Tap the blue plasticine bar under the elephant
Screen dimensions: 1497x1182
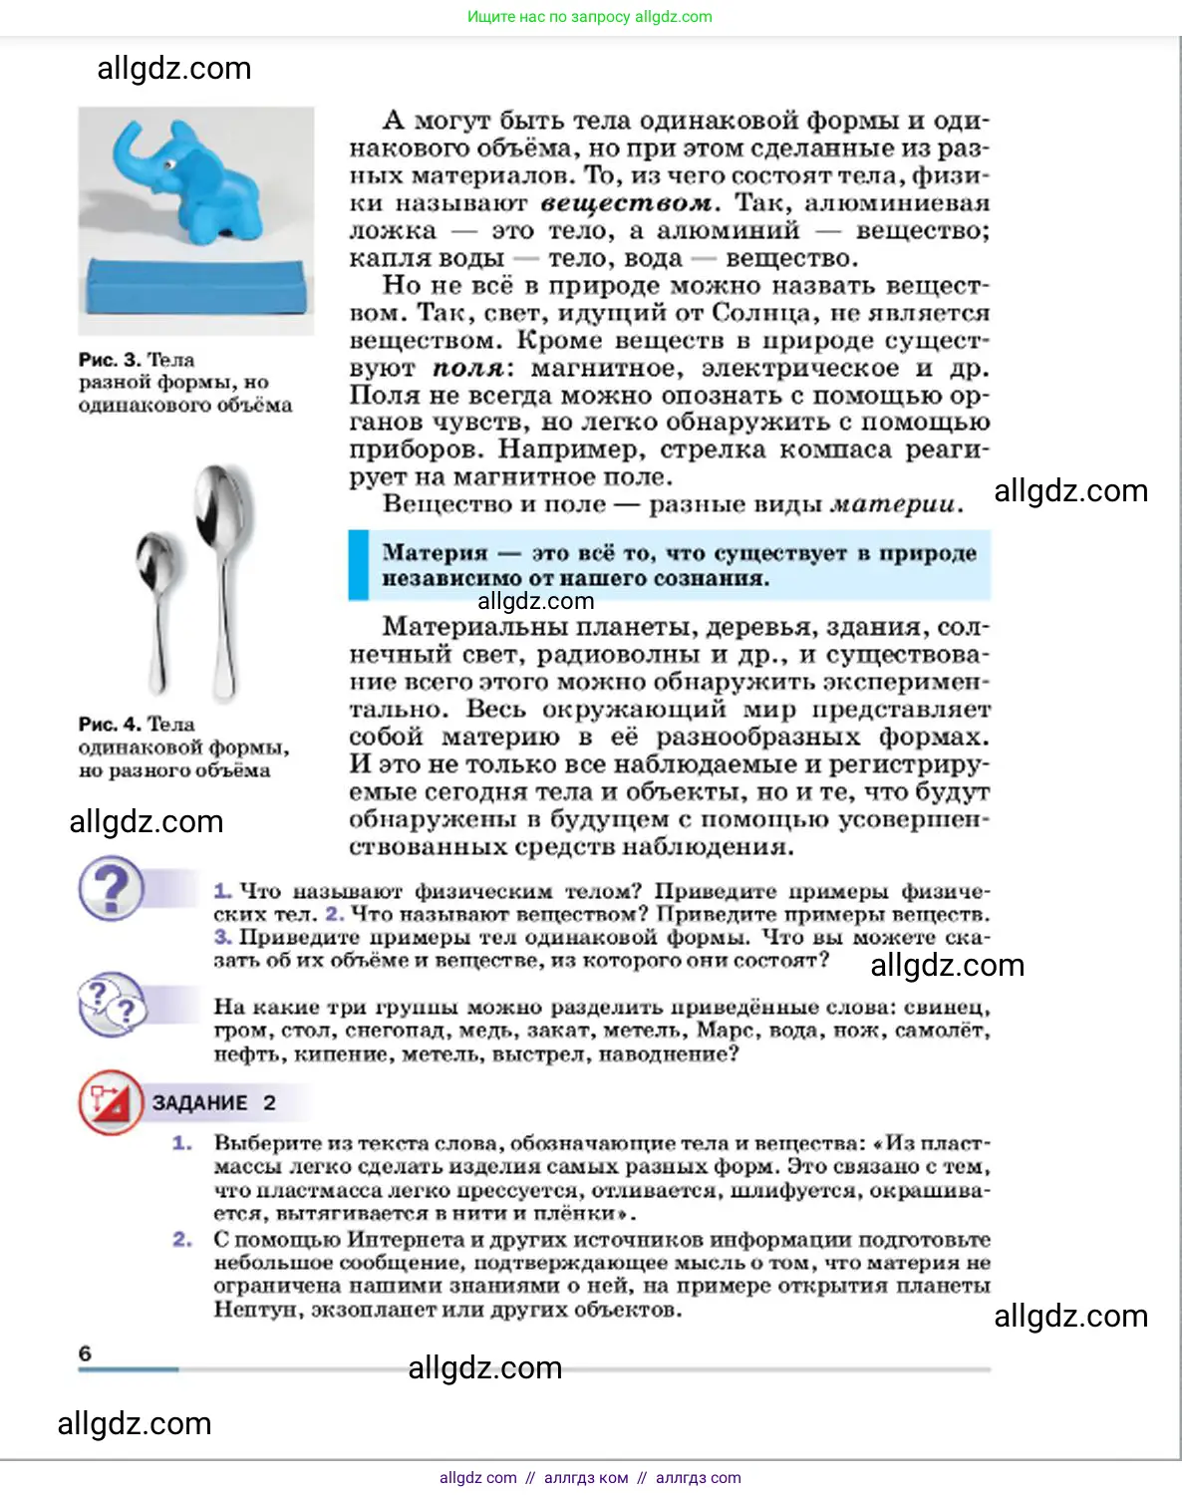tap(193, 284)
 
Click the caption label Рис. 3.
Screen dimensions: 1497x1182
tap(110, 360)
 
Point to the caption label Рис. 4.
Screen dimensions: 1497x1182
tap(110, 725)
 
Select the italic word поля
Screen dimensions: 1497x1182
tap(468, 369)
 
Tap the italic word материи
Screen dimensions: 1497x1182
tap(895, 504)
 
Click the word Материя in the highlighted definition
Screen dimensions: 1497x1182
tap(435, 553)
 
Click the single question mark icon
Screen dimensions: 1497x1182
tap(112, 889)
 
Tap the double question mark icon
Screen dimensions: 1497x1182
tap(112, 1004)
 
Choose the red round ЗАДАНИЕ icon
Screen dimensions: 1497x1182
tap(111, 1102)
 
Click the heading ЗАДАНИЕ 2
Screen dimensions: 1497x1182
tap(213, 1103)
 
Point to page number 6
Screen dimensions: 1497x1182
tap(85, 1353)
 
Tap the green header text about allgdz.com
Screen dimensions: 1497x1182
tap(589, 17)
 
